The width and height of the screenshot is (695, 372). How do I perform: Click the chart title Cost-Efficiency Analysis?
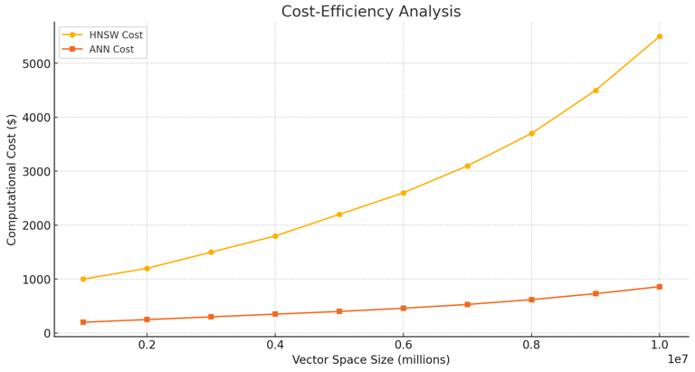pos(371,12)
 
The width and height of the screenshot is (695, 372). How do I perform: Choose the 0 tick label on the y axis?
pos(43,333)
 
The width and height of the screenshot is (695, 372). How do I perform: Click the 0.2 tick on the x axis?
pos(147,345)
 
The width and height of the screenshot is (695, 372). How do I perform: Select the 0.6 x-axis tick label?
pos(404,345)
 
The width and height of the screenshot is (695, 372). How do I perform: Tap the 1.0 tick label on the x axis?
pos(660,345)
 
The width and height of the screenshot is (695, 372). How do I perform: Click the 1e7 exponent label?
pos(678,360)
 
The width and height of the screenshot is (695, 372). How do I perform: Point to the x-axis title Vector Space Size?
pos(370,360)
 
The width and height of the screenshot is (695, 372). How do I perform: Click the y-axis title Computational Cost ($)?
pos(12,179)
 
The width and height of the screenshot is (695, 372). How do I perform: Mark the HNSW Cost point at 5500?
pos(660,36)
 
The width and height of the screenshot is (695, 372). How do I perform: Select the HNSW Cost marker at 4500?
pos(595,91)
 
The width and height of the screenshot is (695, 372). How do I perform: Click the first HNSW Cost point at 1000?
pos(83,279)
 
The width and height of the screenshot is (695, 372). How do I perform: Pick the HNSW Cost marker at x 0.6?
pos(404,193)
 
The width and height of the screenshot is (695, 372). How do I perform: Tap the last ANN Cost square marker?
pos(660,287)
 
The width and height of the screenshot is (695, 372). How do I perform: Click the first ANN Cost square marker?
pos(83,322)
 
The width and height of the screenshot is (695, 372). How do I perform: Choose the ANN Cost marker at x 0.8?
pos(531,300)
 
